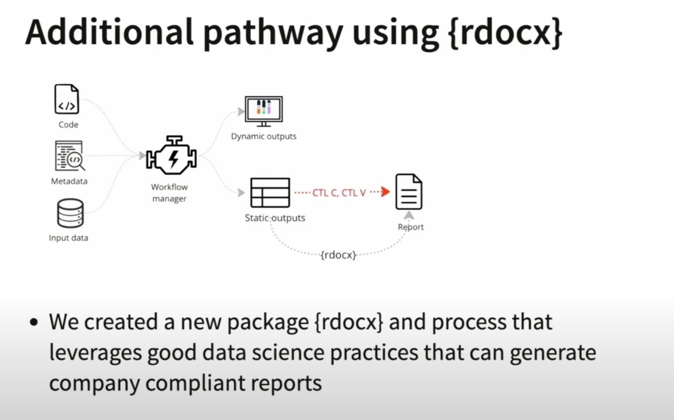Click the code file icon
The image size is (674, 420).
(x=66, y=100)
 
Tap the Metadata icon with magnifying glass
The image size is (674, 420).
(x=69, y=156)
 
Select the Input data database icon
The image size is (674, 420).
(x=70, y=213)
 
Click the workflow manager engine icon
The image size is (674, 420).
(x=172, y=155)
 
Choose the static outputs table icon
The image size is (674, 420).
(x=270, y=193)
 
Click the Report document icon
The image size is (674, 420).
(x=409, y=192)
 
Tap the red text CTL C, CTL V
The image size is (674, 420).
(x=339, y=193)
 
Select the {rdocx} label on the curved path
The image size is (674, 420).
(x=338, y=255)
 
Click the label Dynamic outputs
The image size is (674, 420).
(x=263, y=136)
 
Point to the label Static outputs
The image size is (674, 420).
(x=275, y=218)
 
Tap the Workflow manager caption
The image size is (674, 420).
(x=169, y=193)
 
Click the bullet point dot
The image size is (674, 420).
(x=34, y=323)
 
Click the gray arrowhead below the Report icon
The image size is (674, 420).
(x=409, y=215)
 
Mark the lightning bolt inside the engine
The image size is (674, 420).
(x=173, y=158)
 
